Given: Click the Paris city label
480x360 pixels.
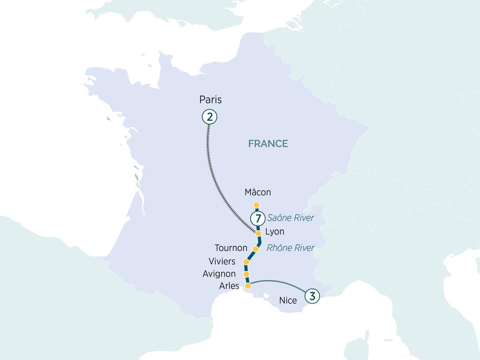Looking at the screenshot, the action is (210, 100).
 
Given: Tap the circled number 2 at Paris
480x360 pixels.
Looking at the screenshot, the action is (209, 117).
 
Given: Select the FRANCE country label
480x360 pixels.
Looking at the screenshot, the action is (268, 144).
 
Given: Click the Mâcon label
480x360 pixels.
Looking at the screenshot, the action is (258, 192).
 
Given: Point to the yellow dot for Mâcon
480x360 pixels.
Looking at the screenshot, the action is (256, 205).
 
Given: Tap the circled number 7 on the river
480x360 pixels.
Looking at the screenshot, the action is (257, 218).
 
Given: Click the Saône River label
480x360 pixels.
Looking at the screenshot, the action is (291, 218).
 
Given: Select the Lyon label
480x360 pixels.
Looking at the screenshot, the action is (274, 232).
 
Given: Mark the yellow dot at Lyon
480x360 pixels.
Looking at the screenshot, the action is (258, 233).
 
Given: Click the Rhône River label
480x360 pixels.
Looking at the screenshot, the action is (290, 248).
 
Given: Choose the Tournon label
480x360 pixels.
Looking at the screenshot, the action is (231, 248).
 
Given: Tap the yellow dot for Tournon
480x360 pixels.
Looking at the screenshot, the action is (256, 248).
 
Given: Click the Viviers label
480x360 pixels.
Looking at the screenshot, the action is (222, 261).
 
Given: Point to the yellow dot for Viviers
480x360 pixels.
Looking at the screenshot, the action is (246, 262).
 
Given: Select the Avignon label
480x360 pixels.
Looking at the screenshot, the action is (219, 274).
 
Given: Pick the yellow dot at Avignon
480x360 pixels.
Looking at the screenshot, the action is (246, 275).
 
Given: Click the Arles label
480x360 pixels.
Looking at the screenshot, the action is (229, 286).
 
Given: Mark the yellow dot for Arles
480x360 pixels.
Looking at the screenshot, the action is (248, 286).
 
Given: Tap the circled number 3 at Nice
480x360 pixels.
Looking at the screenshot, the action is (312, 296).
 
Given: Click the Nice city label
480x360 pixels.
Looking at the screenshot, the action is (288, 300).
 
